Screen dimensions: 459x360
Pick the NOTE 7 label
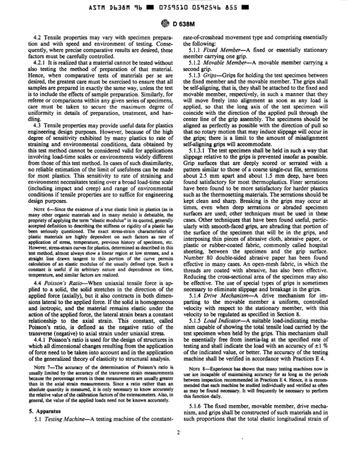pyautogui.click(x=40, y=367)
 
